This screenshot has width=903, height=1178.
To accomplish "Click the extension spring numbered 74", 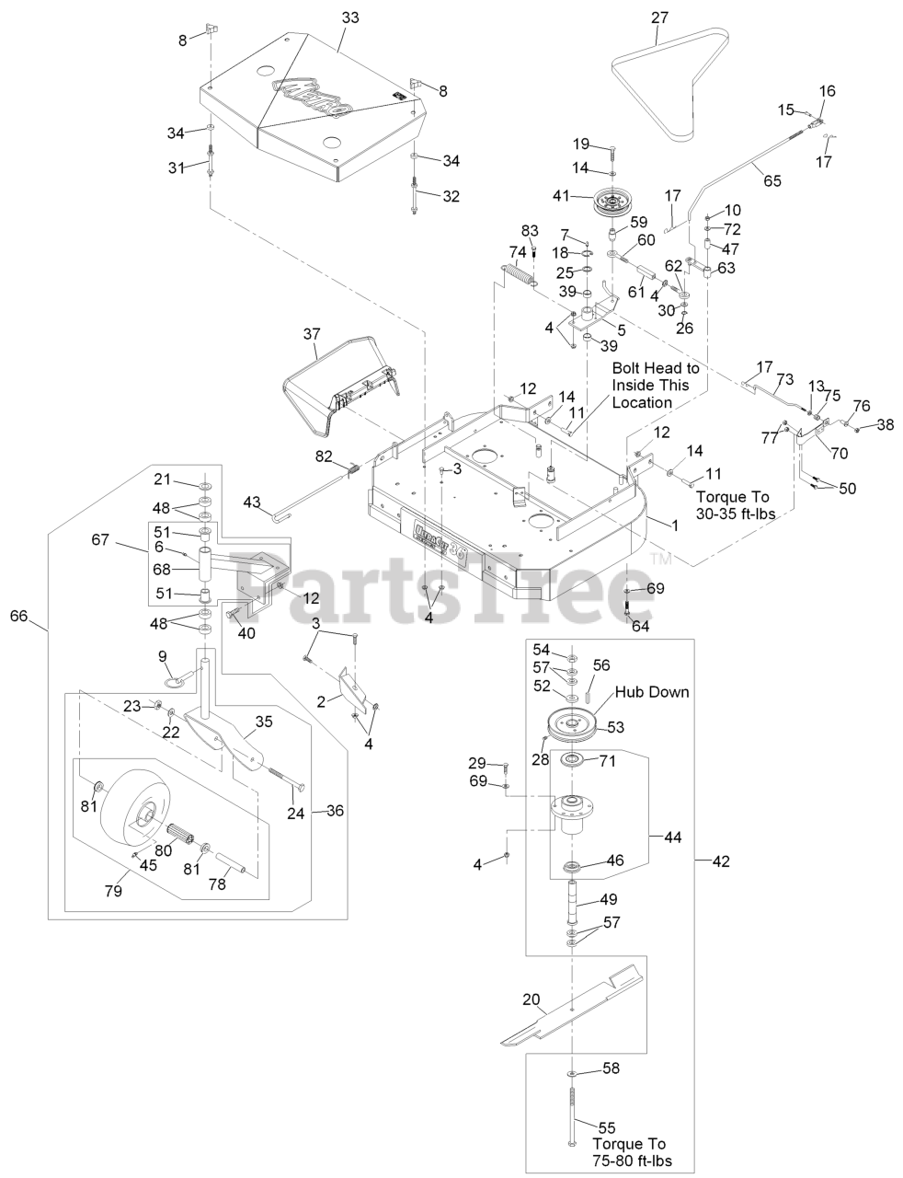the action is [x=520, y=277].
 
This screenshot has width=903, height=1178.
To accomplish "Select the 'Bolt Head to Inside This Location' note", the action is [x=657, y=385].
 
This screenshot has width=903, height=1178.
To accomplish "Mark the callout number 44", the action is [x=674, y=837].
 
